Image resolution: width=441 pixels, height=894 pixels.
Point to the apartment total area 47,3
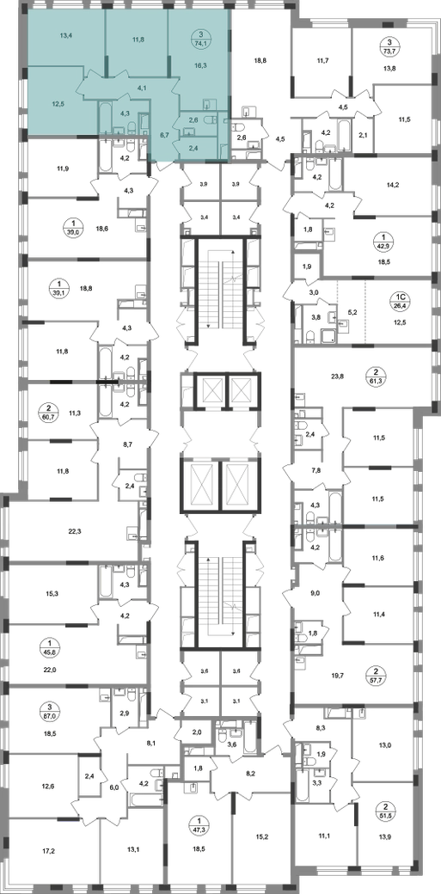[200, 825]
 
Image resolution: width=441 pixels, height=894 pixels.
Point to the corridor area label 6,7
[164, 135]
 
